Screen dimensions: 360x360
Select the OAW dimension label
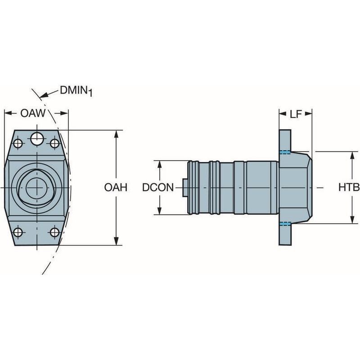(x=33, y=113)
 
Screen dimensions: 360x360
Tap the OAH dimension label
(x=116, y=188)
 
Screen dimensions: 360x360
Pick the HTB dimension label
(x=349, y=188)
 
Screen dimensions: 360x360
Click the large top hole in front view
(x=36, y=139)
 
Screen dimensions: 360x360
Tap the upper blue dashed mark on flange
(x=284, y=152)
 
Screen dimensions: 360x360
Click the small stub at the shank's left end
(x=185, y=187)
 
